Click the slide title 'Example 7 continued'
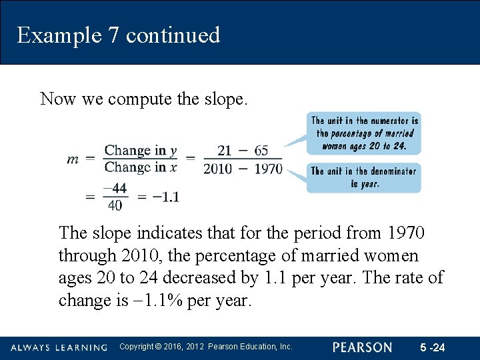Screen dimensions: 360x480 (119, 35)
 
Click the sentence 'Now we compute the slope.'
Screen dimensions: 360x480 (144, 99)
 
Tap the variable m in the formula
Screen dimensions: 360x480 (73, 159)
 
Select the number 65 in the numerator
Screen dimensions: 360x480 (261, 151)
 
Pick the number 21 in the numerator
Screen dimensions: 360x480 (225, 151)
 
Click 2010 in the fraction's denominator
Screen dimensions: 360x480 (217, 169)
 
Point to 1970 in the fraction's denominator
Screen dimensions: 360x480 (268, 169)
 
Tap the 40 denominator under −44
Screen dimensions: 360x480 (115, 205)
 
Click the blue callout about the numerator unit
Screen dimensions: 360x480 (364, 133)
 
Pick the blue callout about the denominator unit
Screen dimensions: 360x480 (363, 177)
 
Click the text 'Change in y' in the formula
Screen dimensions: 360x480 (141, 151)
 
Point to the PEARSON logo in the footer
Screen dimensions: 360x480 (363, 347)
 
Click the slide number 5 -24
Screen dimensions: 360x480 (433, 347)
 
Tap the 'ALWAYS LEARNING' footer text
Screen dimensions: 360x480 (59, 347)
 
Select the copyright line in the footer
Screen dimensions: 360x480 (205, 347)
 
